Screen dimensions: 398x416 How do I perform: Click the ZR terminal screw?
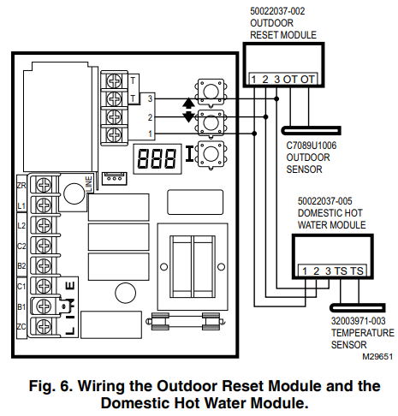tap(44, 185)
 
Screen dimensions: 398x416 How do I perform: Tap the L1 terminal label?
tap(21, 205)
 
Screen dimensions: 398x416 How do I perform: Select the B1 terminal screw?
tap(44, 306)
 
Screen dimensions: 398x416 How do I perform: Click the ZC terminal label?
tap(21, 327)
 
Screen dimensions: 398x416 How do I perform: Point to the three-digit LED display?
tap(157, 158)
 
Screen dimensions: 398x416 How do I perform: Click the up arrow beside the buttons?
tap(188, 103)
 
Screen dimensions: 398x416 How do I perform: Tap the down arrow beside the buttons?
tap(188, 116)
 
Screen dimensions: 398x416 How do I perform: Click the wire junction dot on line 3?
tap(276, 98)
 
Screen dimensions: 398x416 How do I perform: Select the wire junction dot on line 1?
tap(254, 134)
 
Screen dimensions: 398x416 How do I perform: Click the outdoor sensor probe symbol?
tap(311, 131)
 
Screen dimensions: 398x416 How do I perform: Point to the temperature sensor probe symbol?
tap(358, 307)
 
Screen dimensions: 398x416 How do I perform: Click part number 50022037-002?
tap(277, 11)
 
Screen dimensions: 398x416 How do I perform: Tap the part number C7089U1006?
tap(312, 146)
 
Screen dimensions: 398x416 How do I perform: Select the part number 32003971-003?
tap(358, 321)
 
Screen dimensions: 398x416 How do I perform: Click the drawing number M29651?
tap(377, 357)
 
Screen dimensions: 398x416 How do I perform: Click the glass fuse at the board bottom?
tap(186, 322)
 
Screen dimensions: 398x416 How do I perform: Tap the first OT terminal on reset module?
tap(290, 80)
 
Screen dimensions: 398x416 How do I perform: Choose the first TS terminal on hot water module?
tap(341, 271)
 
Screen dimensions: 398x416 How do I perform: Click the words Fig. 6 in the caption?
tap(51, 386)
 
